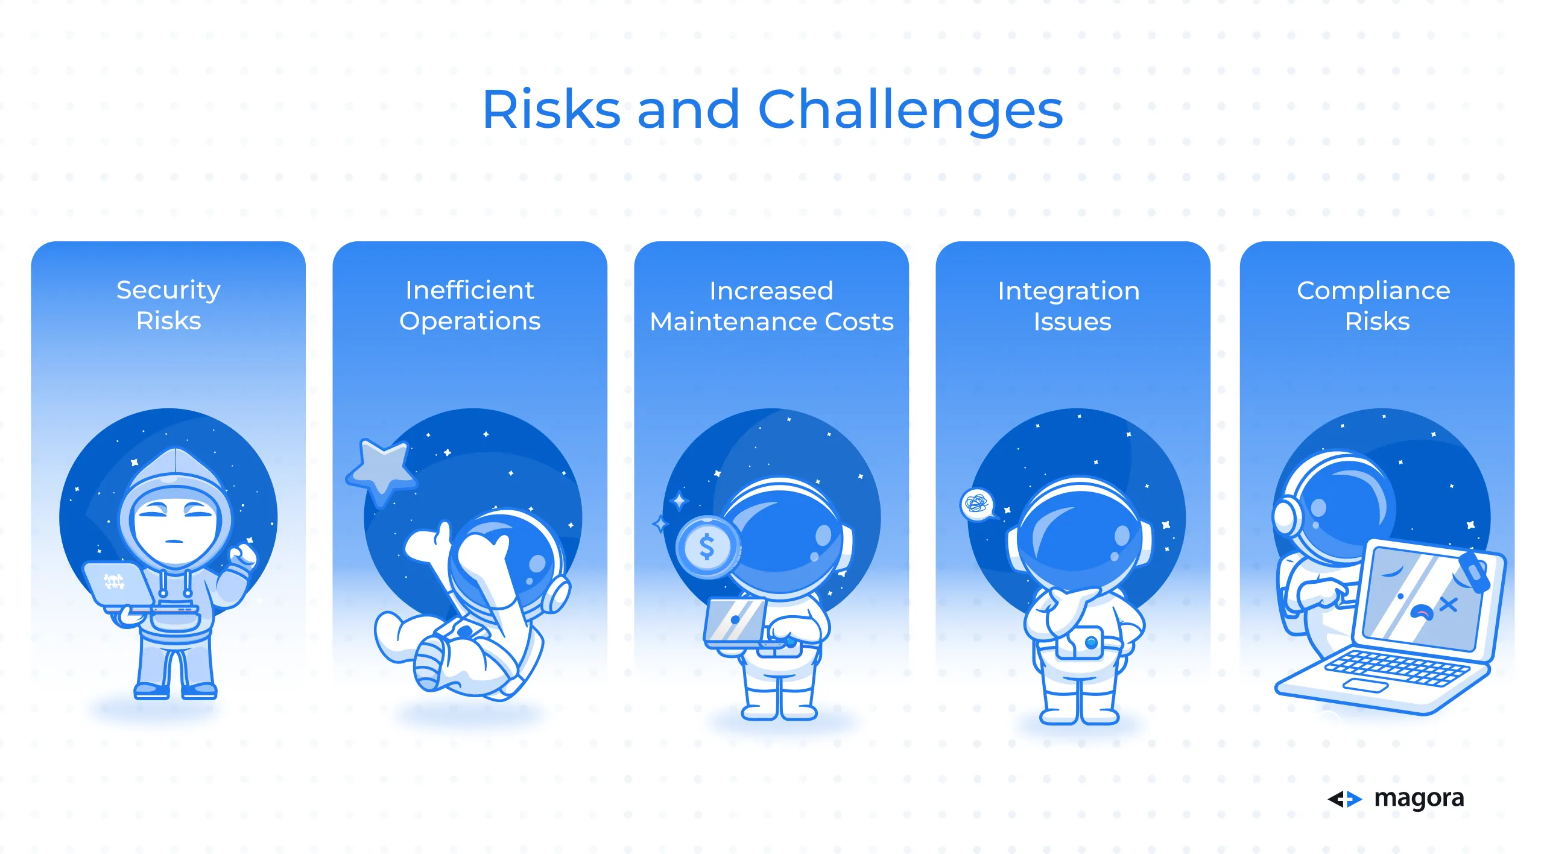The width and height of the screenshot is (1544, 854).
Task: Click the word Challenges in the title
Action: [x=910, y=111]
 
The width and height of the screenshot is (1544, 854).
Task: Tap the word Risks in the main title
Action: [x=551, y=110]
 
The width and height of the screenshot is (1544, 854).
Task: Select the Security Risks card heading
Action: [x=168, y=305]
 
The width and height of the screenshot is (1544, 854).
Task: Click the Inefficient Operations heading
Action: [x=470, y=305]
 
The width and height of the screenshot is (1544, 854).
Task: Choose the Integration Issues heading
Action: [x=1069, y=306]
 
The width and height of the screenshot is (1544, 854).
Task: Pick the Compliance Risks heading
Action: [x=1374, y=306]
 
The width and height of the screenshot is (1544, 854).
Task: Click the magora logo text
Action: [x=1419, y=799]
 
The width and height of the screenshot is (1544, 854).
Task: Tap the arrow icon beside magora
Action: [x=1344, y=799]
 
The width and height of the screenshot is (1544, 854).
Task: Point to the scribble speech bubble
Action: [x=977, y=504]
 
